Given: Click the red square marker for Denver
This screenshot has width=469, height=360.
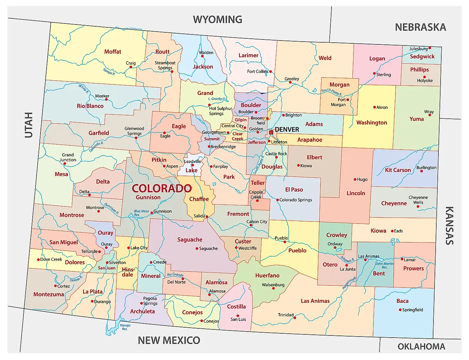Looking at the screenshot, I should [271, 132].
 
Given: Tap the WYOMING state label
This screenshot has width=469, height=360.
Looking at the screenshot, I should [217, 19].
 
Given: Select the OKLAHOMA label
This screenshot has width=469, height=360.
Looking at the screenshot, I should [421, 346].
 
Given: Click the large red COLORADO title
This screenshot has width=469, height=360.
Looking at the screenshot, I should [162, 188].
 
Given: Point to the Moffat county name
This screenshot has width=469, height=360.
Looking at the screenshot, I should [113, 52].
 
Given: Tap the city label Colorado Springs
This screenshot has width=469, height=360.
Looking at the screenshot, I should [296, 200].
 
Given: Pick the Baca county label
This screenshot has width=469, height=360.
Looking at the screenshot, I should [402, 301].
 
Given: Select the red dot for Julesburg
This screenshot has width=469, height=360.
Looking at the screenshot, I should [430, 48].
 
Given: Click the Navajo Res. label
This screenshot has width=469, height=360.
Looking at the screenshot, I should [125, 327].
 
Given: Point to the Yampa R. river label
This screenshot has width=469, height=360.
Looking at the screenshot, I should [109, 71].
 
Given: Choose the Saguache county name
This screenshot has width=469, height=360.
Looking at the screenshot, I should [190, 240].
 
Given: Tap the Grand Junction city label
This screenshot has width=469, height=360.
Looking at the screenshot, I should [68, 157].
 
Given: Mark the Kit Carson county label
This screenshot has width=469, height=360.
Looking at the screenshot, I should [398, 170].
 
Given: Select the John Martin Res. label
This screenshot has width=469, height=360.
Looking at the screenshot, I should [384, 265].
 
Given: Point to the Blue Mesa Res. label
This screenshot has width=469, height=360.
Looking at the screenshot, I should [141, 213].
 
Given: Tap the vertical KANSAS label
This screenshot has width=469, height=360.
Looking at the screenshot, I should [449, 225].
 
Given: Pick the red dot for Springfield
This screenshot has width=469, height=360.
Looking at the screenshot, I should [400, 310].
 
